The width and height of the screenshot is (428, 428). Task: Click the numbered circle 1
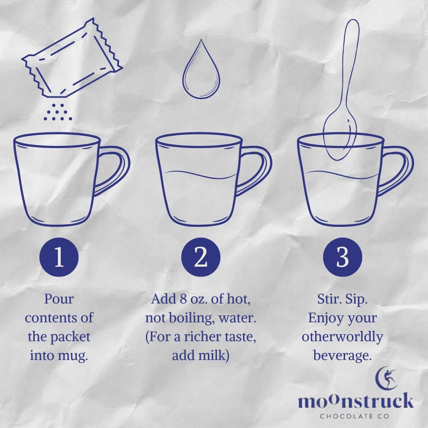(59, 257)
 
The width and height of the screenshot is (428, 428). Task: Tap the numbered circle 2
(201, 257)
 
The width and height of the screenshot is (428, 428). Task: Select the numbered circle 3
(342, 257)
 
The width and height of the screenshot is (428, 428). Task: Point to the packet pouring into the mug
(72, 58)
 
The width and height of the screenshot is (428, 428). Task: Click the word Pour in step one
(59, 299)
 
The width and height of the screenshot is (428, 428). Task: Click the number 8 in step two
(183, 299)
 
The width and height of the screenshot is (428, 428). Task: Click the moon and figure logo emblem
(386, 378)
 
